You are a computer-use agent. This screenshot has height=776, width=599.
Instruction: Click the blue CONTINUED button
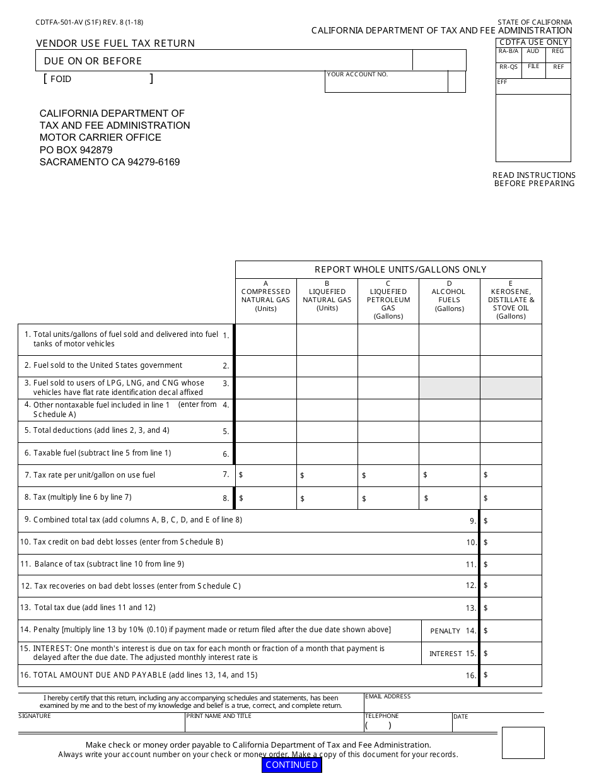coord(291,765)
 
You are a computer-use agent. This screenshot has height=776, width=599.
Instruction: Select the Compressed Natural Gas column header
coord(265,296)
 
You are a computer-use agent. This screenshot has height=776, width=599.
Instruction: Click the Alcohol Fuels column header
coord(449,296)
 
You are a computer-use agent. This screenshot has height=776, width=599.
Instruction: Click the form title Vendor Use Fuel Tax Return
coord(115,43)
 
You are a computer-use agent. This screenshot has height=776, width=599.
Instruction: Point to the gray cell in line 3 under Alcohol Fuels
coord(449,388)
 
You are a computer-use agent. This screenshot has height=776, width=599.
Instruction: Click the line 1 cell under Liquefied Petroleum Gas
coord(388,339)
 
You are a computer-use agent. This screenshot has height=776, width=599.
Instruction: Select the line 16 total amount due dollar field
coord(511,675)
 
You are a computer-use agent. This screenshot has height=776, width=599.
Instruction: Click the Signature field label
coord(35,716)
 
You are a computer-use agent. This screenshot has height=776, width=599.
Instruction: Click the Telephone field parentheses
coord(378,726)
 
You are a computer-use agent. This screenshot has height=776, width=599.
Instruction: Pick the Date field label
coord(460,717)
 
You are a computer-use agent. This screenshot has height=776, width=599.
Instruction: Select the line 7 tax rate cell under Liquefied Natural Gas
coord(327,475)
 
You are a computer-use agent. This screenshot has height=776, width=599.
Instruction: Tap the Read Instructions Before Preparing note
coord(533,179)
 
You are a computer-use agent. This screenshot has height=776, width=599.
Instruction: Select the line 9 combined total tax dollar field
coord(511,520)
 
